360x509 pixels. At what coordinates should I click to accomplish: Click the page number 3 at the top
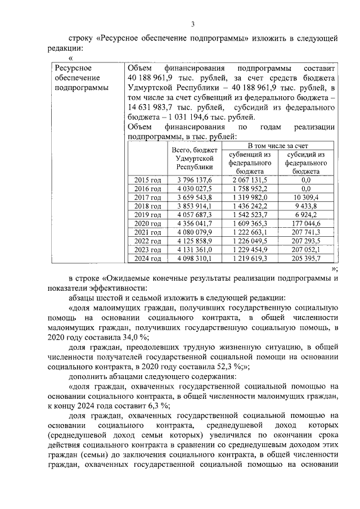click(x=192, y=24)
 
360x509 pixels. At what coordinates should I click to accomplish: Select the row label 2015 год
click(x=148, y=179)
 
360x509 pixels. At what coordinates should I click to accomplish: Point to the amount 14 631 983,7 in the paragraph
click(x=152, y=107)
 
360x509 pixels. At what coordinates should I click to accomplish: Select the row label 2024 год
click(x=148, y=258)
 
